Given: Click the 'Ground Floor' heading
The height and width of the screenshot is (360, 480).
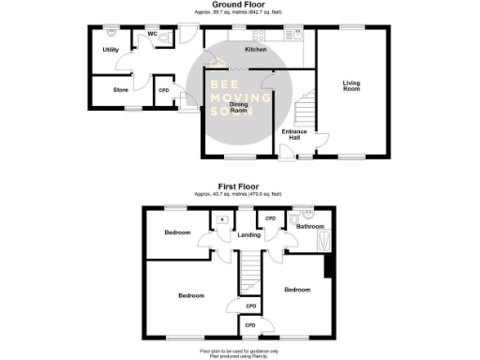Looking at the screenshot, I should (x=239, y=5).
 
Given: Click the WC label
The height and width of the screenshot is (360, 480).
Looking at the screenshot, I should (x=151, y=34).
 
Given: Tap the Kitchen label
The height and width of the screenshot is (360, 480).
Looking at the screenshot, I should (x=255, y=49).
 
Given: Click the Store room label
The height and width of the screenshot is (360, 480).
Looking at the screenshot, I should (x=120, y=90).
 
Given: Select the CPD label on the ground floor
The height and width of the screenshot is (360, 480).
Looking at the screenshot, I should (x=163, y=90).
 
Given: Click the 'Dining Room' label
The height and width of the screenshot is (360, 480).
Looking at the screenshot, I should (x=239, y=107).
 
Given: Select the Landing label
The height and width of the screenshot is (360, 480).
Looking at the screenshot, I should (x=248, y=234).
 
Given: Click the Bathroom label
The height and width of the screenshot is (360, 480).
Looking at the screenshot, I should (x=310, y=226).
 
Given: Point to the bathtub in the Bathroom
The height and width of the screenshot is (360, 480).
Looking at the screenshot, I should (x=325, y=242).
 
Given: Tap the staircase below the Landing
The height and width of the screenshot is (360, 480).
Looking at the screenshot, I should (x=248, y=276).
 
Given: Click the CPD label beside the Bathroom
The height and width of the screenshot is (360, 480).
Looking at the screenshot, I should (x=270, y=219).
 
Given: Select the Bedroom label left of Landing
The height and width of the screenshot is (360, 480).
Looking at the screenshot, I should (x=177, y=232).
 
